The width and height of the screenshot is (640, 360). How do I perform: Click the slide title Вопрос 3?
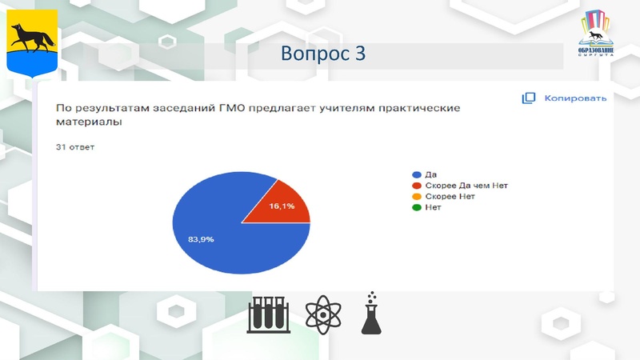pos(323,54)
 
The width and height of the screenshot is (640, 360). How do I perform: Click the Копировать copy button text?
pos(575,98)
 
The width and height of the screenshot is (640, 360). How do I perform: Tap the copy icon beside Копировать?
pos(528,98)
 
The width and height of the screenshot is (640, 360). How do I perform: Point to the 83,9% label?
pos(200,238)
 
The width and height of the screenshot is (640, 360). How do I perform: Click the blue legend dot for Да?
pos(416,174)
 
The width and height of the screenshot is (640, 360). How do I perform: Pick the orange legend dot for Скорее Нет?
pos(416,196)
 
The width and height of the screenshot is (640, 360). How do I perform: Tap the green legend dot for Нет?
pos(416,207)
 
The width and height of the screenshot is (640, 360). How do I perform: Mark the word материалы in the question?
pos(88,123)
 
